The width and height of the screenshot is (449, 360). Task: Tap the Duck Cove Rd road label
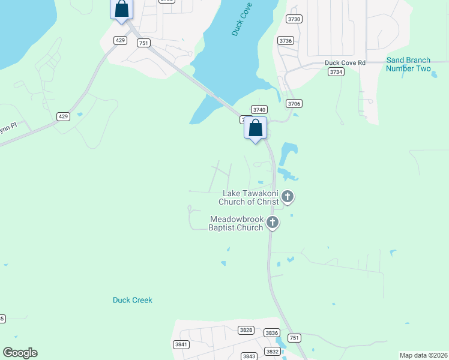click(x=345, y=62)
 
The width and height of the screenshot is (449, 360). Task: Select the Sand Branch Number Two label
click(x=408, y=64)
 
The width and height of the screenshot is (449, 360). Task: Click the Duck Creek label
click(x=133, y=300)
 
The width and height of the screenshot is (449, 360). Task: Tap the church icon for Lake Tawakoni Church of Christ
click(x=288, y=196)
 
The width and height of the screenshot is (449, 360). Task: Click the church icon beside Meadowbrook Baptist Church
click(x=273, y=223)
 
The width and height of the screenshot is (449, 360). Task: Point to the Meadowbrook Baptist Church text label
click(x=236, y=223)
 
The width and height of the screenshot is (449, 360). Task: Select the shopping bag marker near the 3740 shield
click(x=256, y=128)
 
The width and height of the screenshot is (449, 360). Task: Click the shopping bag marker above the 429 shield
click(x=122, y=9)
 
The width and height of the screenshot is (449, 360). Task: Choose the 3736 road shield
click(x=286, y=40)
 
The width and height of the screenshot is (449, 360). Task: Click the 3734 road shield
click(x=336, y=71)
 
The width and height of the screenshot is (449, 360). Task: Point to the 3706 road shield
click(x=294, y=104)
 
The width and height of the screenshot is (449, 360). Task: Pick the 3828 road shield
click(x=246, y=330)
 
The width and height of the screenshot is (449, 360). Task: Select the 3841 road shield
click(x=181, y=344)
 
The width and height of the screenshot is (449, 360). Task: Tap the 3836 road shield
click(x=272, y=333)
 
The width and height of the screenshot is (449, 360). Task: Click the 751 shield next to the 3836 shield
click(x=294, y=338)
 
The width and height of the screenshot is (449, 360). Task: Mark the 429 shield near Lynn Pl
click(x=64, y=116)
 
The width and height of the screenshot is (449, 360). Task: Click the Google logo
click(x=20, y=353)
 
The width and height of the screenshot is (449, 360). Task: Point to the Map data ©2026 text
click(x=423, y=355)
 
